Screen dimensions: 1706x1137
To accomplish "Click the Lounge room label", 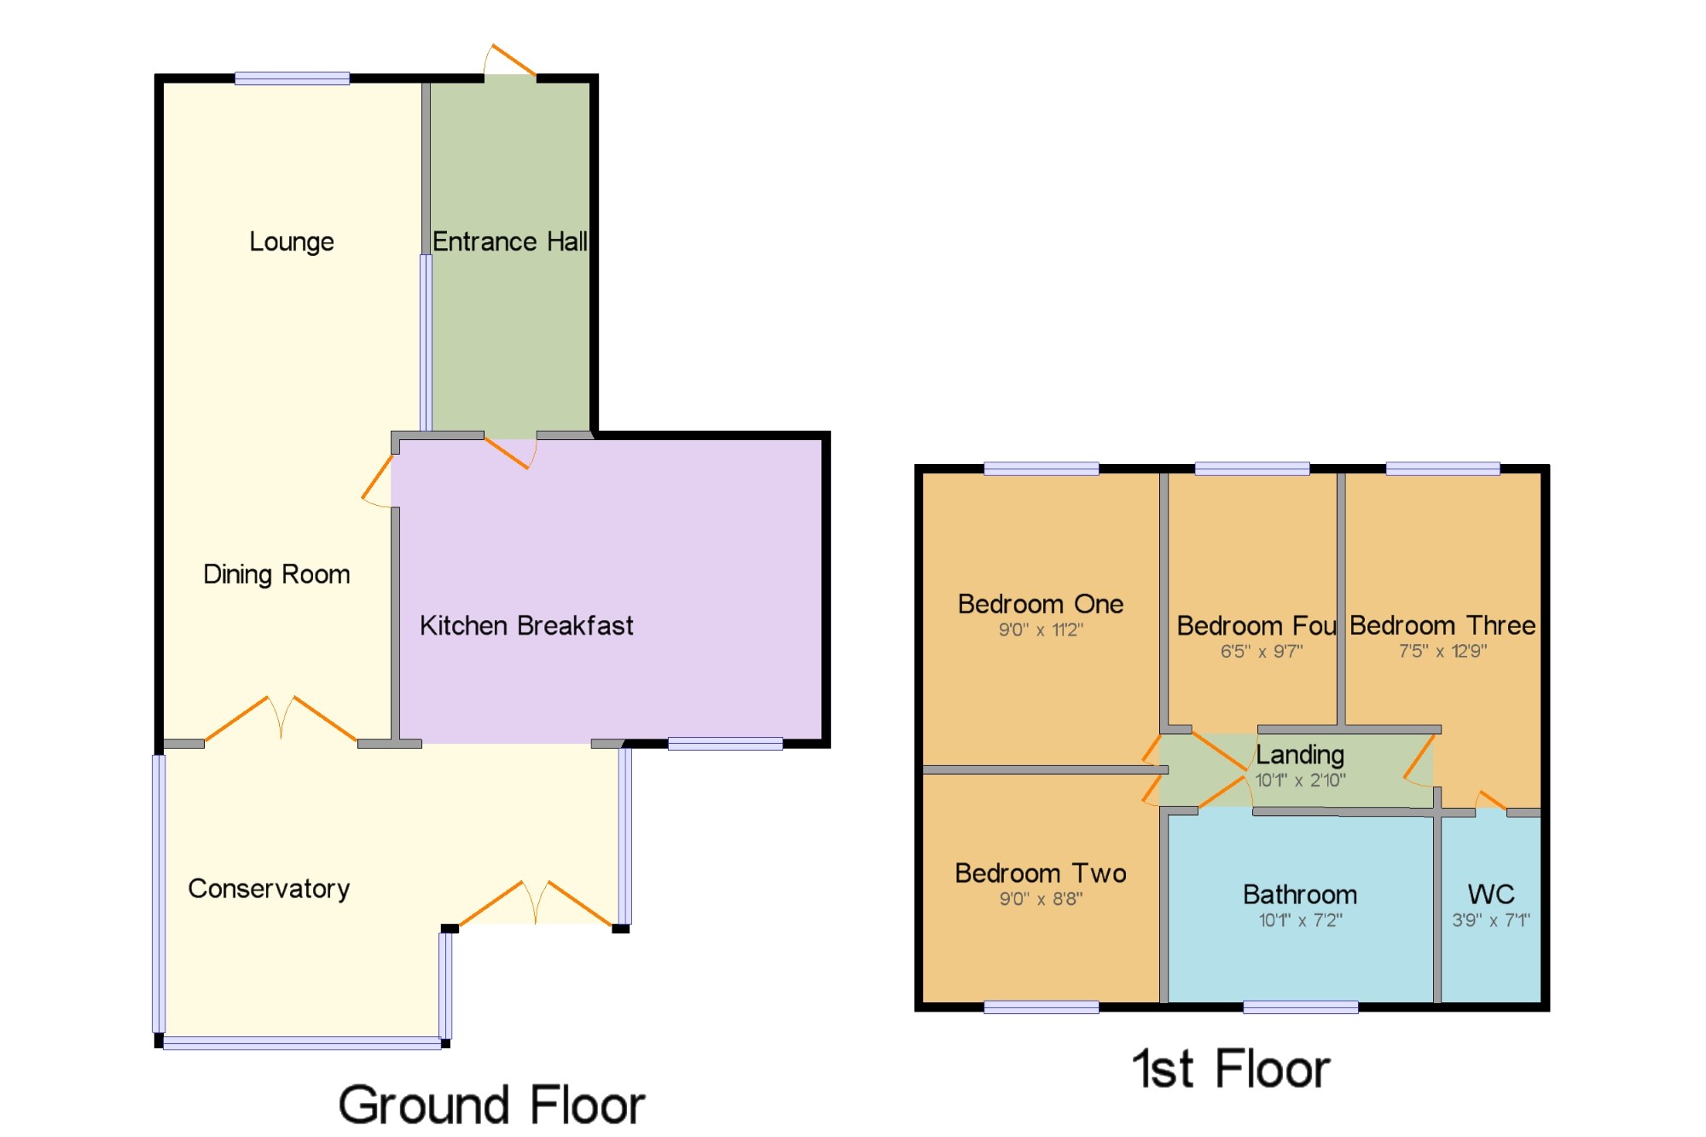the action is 292,242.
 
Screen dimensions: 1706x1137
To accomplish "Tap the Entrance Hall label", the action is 510,241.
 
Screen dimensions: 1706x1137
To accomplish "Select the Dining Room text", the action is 276,575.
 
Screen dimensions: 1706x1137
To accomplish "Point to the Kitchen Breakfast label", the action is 526,625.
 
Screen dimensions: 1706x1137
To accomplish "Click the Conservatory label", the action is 269,889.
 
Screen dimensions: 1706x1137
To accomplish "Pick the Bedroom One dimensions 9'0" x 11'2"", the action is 1041,630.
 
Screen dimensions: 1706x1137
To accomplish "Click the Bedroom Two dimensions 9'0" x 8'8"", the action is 1041,899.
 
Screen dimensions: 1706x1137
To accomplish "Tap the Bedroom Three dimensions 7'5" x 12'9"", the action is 1442,652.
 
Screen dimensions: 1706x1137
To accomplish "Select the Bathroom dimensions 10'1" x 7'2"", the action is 1300,920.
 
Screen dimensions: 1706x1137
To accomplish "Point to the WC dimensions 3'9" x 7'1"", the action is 1491,920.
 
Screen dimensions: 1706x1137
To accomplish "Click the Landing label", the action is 1300,755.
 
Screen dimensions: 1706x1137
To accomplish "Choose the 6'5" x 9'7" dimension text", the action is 1261,652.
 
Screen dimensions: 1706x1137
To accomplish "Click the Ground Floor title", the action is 491,1105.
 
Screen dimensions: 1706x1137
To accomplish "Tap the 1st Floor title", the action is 1231,1069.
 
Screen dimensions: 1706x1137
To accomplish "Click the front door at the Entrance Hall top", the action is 510,61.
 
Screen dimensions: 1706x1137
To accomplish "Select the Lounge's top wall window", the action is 292,78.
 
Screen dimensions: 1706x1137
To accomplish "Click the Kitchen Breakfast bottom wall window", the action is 725,744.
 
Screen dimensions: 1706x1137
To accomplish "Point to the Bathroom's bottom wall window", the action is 1300,1007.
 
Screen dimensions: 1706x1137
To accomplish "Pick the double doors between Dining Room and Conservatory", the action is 281,720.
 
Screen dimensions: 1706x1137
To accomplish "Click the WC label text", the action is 1491,894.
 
